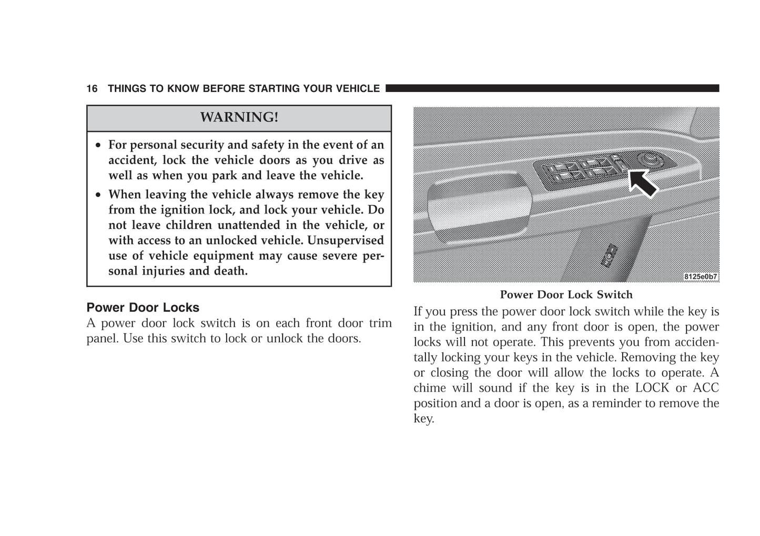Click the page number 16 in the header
92,89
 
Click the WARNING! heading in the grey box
239,117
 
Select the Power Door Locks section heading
143,308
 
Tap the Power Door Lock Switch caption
566,295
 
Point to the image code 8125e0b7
700,277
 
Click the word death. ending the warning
230,271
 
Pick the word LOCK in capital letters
652,388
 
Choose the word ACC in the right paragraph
706,388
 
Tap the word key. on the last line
423,419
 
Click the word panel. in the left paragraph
103,338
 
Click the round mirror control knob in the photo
646,159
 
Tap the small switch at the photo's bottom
610,256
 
